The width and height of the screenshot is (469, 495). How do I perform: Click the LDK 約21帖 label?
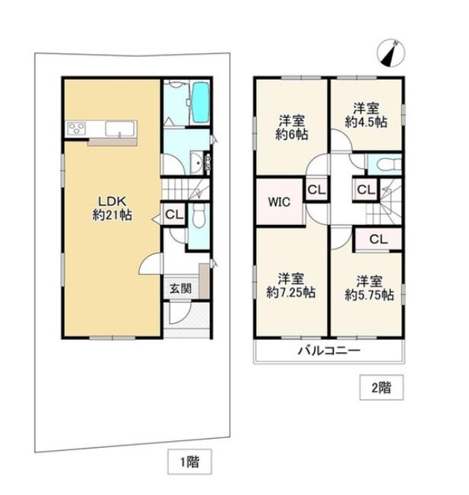coord(112,208)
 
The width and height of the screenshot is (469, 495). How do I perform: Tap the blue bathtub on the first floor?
coord(201,103)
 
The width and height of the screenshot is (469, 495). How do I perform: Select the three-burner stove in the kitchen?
coord(77,129)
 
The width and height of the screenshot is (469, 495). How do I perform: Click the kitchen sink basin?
coord(119,129)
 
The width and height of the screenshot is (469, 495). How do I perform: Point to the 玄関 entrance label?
coord(180,288)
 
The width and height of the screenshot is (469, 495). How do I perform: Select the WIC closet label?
coord(279,202)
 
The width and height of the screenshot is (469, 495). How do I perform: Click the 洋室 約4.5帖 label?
coord(366,116)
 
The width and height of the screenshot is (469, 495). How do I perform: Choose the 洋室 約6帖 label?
coord(292,128)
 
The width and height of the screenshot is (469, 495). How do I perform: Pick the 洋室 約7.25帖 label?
coord(290,286)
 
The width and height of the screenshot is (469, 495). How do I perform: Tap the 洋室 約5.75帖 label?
coord(369,288)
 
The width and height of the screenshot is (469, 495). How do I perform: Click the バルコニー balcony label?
coord(329,351)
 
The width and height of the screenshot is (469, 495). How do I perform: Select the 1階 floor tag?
coord(189,462)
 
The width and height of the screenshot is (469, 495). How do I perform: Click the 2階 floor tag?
coord(382,387)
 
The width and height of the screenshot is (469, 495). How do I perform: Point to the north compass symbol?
coord(391,53)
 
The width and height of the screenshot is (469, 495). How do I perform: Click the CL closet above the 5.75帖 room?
coord(379,240)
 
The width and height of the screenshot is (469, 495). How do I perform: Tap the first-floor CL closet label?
coord(174,215)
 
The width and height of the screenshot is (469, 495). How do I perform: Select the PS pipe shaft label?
coord(208,163)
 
